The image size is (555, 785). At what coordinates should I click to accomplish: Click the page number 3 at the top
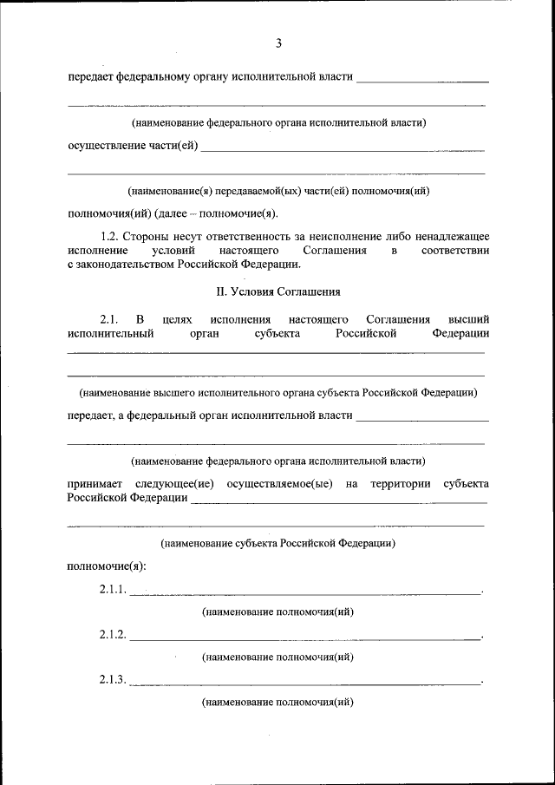click(x=278, y=43)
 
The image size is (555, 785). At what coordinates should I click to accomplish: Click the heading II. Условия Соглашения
click(x=277, y=291)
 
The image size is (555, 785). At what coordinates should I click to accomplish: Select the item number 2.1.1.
click(x=113, y=590)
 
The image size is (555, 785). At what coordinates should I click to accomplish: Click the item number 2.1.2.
click(x=113, y=635)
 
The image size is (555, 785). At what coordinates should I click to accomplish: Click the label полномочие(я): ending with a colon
click(x=107, y=566)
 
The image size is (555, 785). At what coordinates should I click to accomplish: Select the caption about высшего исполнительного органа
click(x=277, y=393)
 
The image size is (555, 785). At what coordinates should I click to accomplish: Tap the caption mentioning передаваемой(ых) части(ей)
click(x=278, y=190)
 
